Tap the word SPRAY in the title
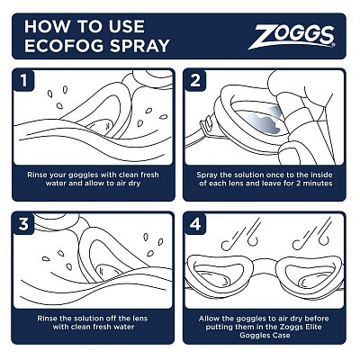pyautogui.click(x=144, y=46)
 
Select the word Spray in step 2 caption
pyautogui.click(x=208, y=175)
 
